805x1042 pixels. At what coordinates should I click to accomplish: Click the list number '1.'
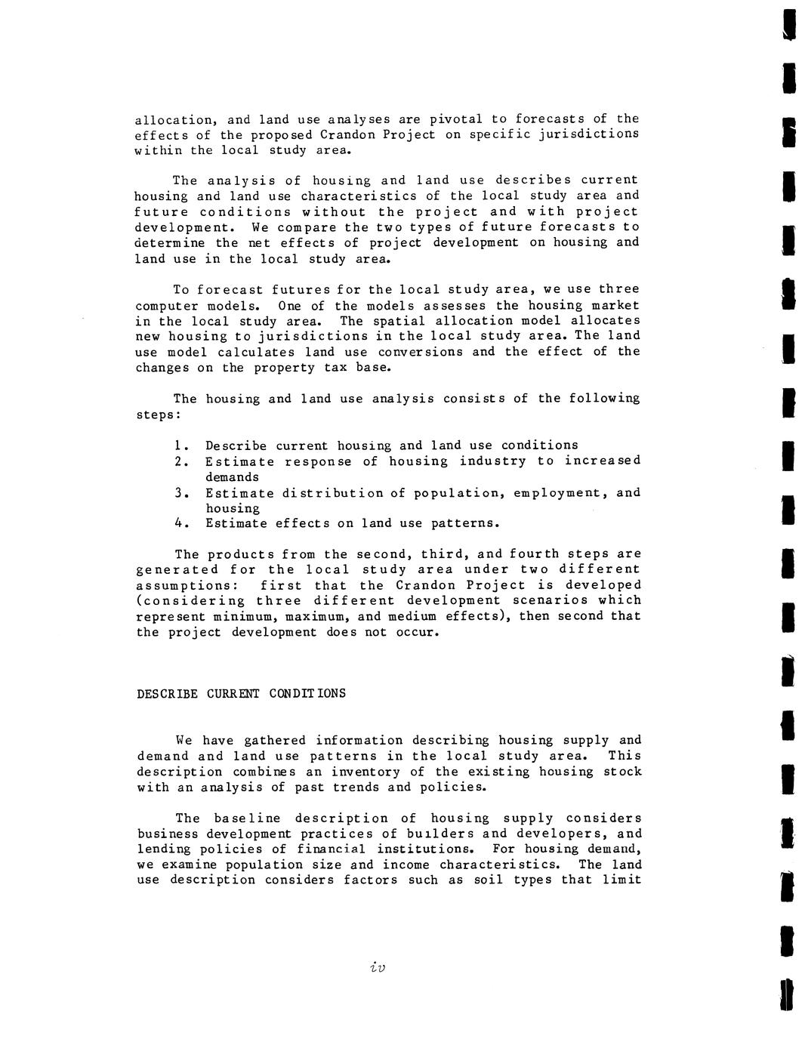[x=180, y=445]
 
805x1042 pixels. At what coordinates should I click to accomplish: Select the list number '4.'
[x=180, y=523]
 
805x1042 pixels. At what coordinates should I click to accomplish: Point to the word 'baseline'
[x=247, y=818]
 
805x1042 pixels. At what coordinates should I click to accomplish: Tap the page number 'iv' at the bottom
[x=378, y=967]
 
